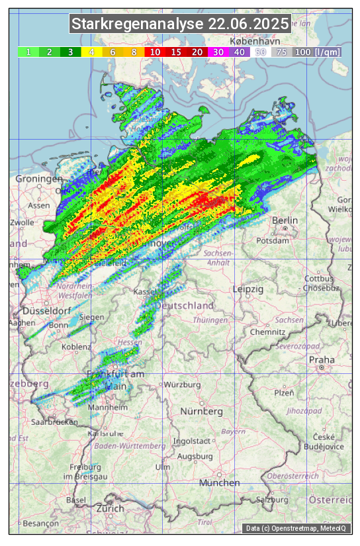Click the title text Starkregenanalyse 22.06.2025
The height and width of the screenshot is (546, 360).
click(180, 24)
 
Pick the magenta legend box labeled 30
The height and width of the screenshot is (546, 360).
click(218, 52)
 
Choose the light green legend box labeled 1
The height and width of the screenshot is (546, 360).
click(28, 52)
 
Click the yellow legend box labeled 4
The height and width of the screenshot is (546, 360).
click(91, 52)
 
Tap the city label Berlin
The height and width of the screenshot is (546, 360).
click(285, 220)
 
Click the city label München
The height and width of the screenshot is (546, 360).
click(219, 483)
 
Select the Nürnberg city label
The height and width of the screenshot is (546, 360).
click(202, 412)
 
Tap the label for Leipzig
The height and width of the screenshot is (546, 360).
click(248, 289)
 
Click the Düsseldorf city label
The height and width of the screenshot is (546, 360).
click(46, 311)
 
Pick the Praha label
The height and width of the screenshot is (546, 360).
click(322, 360)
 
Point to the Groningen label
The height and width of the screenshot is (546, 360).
click(39, 179)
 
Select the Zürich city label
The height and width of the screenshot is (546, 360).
click(110, 508)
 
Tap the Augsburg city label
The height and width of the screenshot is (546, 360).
click(195, 457)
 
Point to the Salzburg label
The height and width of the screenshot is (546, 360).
click(273, 499)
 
